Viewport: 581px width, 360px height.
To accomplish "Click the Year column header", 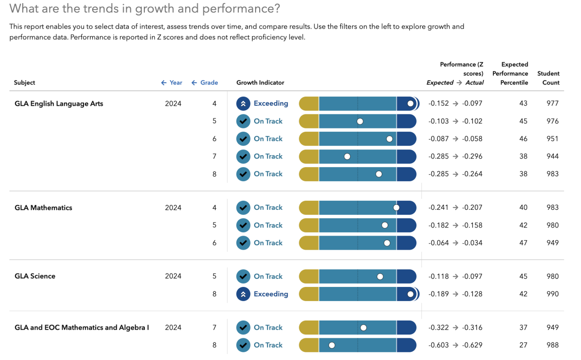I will pyautogui.click(x=172, y=83).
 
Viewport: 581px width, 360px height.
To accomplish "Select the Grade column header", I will pyautogui.click(x=205, y=83).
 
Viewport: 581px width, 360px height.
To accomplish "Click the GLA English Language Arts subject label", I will pyautogui.click(x=59, y=104).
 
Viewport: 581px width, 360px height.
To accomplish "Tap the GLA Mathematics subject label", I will pyautogui.click(x=44, y=207).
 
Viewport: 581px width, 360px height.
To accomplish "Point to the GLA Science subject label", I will pyautogui.click(x=35, y=276).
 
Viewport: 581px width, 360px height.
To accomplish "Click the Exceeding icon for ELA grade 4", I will pyautogui.click(x=243, y=104).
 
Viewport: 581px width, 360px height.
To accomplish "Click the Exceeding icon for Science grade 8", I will pyautogui.click(x=243, y=294).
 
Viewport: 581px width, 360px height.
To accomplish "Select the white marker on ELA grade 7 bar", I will pyautogui.click(x=347, y=157).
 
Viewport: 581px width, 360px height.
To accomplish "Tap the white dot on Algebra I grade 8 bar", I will pyautogui.click(x=332, y=345).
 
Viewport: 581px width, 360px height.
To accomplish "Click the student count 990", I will pyautogui.click(x=552, y=294).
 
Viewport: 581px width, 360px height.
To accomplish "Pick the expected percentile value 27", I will pyautogui.click(x=523, y=345).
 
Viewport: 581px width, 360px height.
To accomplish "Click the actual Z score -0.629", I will pyautogui.click(x=472, y=345).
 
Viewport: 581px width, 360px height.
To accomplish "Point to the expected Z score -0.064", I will pyautogui.click(x=438, y=243).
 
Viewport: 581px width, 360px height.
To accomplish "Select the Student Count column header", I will pyautogui.click(x=548, y=78).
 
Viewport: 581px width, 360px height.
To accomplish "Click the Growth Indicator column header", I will pyautogui.click(x=260, y=83).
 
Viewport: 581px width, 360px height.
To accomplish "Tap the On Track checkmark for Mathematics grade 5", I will pyautogui.click(x=243, y=225).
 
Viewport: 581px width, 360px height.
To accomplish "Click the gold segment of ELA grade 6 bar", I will pyautogui.click(x=309, y=139).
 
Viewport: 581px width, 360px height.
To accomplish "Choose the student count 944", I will pyautogui.click(x=552, y=156).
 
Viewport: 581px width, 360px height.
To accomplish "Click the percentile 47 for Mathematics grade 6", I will pyautogui.click(x=523, y=243).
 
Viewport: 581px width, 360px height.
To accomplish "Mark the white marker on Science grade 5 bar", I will pyautogui.click(x=380, y=276).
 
